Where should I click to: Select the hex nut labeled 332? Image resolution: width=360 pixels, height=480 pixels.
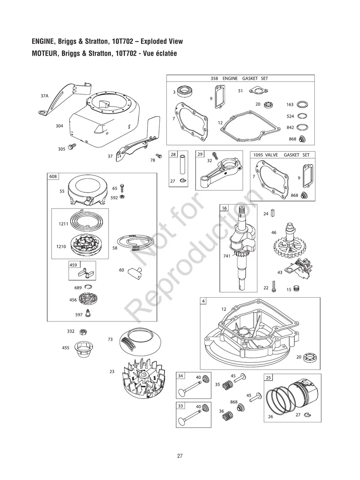point(83,331)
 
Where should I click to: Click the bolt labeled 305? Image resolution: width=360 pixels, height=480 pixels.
point(72,147)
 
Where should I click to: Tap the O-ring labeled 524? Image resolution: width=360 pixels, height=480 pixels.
point(302,116)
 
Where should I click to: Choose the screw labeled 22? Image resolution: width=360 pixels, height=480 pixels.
point(274,287)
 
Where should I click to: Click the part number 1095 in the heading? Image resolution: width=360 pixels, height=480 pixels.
point(259,155)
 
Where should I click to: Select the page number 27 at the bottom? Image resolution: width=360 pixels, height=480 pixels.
point(180,456)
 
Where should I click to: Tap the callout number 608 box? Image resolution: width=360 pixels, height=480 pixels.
point(52,176)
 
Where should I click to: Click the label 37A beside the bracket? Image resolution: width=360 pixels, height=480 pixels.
point(44,96)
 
